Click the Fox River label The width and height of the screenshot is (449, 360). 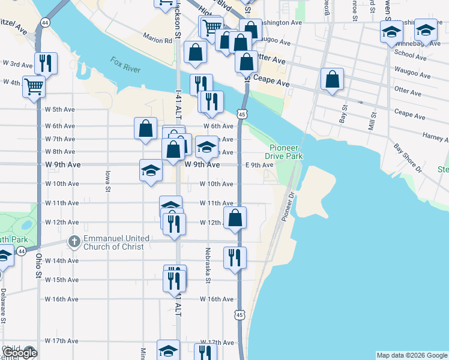[x=125, y=65]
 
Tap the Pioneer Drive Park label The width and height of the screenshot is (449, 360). [x=286, y=152]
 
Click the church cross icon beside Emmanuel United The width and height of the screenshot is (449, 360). [x=74, y=241]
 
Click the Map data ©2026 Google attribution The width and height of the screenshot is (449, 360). [x=411, y=355]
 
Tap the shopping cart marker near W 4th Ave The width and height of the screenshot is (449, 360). [x=34, y=86]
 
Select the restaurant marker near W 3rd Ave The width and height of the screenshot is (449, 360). [x=46, y=62]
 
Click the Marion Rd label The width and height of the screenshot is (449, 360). [x=157, y=40]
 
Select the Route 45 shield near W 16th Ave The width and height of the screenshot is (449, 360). [x=240, y=314]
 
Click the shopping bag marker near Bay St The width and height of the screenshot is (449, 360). [x=331, y=79]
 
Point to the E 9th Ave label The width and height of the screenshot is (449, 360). [x=259, y=165]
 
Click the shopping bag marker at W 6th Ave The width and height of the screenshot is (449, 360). [x=145, y=128]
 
